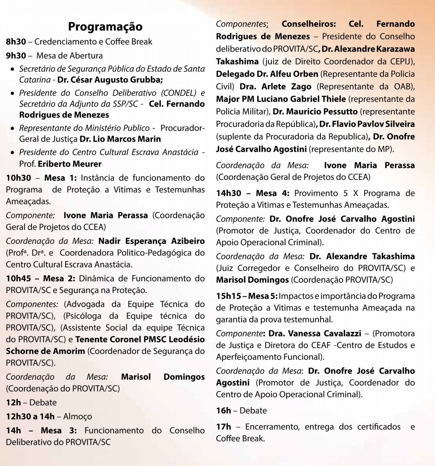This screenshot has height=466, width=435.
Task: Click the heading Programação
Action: click(x=105, y=26)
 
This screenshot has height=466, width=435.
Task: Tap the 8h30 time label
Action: click(x=16, y=42)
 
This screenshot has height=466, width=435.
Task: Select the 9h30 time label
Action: click(x=16, y=56)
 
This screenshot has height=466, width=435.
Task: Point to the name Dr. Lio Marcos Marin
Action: click(x=120, y=139)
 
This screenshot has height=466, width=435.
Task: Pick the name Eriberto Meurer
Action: click(x=70, y=164)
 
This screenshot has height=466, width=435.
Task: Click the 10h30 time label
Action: click(x=18, y=178)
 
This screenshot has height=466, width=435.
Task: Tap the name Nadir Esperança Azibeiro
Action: click(x=151, y=241)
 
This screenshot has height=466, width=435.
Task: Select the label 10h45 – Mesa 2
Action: click(x=42, y=278)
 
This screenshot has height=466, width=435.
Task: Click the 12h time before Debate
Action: click(x=13, y=402)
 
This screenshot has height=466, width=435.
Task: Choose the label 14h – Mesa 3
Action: click(x=41, y=430)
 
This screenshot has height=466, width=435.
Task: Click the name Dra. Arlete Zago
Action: click(x=276, y=86)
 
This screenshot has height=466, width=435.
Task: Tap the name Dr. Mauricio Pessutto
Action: click(x=315, y=111)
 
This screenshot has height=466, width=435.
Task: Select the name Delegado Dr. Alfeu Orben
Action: click(x=267, y=74)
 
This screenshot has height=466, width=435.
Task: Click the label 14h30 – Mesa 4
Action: click(x=253, y=193)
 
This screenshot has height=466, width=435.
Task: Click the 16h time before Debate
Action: click(x=223, y=410)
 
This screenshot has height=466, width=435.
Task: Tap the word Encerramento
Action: click(x=271, y=427)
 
